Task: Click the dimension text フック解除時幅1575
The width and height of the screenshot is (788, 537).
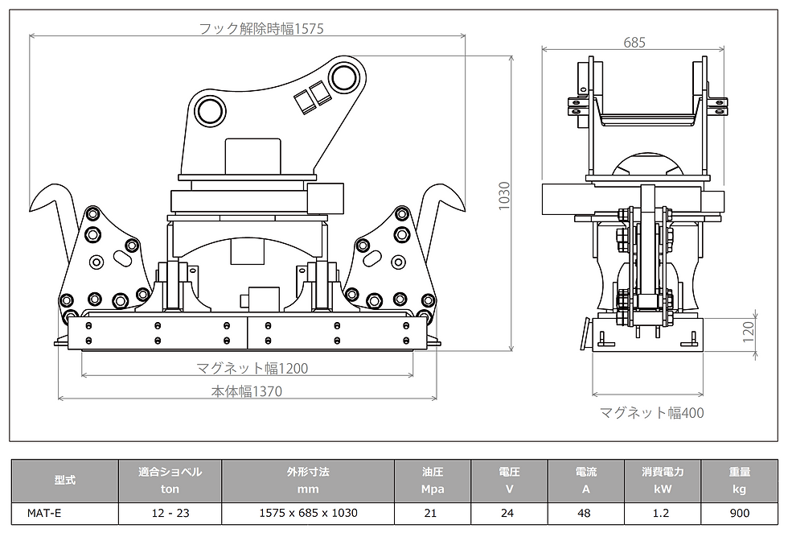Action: [x=261, y=29]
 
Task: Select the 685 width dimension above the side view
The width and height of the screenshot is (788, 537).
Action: [x=634, y=43]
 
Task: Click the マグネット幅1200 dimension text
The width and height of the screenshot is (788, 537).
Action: [x=252, y=369]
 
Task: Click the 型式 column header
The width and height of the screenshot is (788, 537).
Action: [x=64, y=480]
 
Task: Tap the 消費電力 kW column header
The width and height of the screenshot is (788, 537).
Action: [x=663, y=480]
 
